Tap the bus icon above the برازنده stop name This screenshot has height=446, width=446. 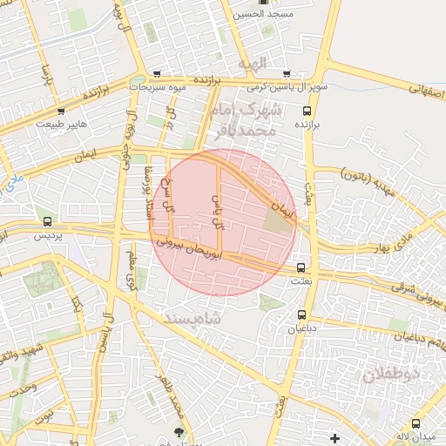(x=306, y=111)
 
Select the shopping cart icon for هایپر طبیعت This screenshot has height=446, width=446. (x=61, y=111)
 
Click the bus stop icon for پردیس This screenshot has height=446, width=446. (x=47, y=222)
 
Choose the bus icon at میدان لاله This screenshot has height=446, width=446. (x=416, y=423)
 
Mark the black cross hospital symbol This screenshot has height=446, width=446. (x=334, y=436)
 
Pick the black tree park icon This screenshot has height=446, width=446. (x=179, y=431)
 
